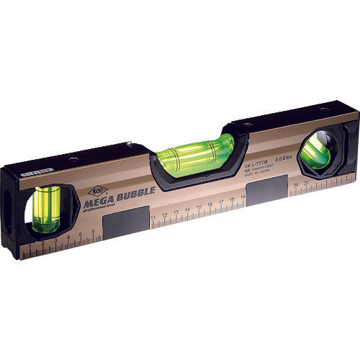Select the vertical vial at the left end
(x=47, y=209)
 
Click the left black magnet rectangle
(x=127, y=223)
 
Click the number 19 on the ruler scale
(x=233, y=202)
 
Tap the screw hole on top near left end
(x=72, y=159)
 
